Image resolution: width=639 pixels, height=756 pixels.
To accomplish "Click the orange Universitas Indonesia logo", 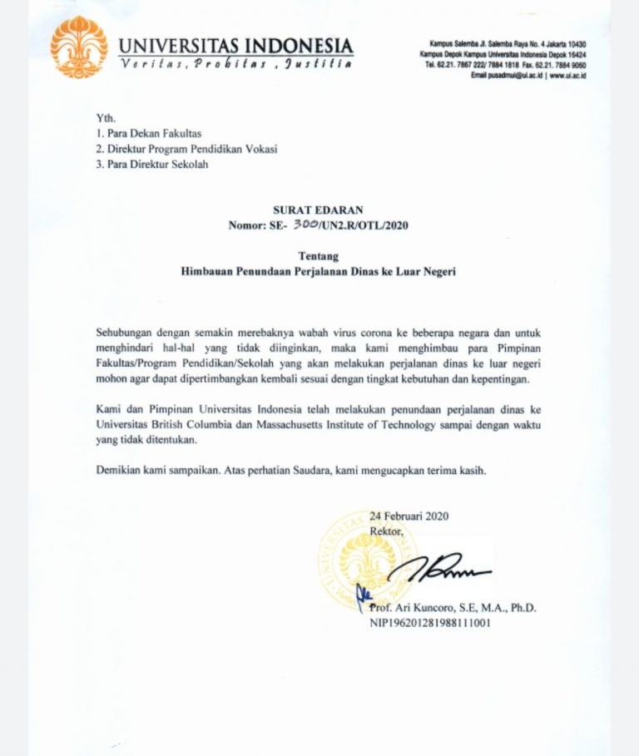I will click(81, 47).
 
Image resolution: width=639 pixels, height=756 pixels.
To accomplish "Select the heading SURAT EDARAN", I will click(319, 210).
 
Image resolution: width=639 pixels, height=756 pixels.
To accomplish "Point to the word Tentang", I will click(319, 256).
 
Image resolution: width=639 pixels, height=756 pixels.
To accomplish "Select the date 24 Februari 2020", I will click(409, 516).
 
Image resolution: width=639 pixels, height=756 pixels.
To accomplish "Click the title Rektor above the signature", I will click(387, 530).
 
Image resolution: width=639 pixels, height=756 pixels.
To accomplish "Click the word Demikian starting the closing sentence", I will click(121, 469).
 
